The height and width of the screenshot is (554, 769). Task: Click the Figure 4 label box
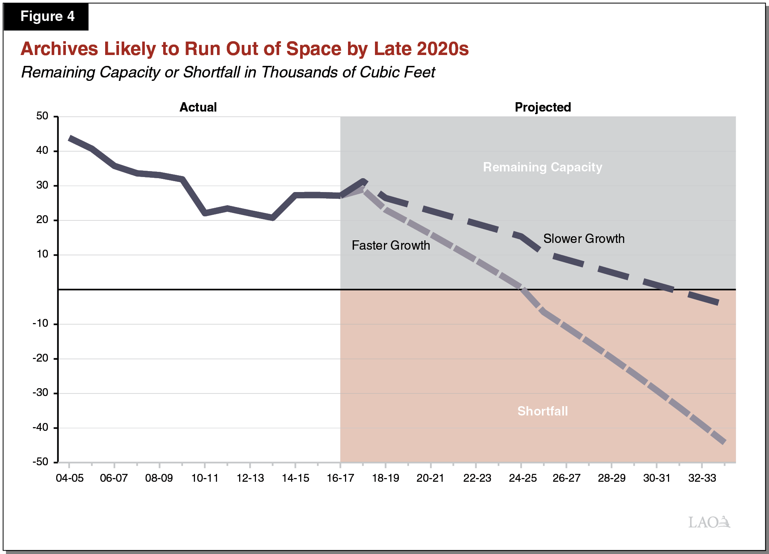pos(46,16)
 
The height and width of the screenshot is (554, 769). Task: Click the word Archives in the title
pos(59,49)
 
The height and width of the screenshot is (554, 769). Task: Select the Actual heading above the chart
pos(198,107)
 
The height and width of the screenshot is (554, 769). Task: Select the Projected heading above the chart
pos(543,107)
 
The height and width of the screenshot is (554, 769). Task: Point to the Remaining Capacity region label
pos(542,167)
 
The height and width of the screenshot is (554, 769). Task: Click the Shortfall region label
pos(542,411)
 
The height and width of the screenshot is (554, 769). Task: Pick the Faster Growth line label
pos(391,246)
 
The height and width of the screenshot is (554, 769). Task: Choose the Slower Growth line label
pos(584,239)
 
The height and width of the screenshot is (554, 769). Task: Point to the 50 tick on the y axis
pos(42,116)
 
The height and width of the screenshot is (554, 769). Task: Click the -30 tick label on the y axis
pos(40,393)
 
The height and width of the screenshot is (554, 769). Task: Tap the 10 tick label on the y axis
pos(42,255)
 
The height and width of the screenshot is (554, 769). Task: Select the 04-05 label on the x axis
pos(70,478)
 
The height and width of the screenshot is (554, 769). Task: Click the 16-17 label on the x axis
pos(340,478)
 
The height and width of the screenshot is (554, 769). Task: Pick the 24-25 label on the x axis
pos(522,478)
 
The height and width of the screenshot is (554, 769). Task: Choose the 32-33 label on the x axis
pos(702,478)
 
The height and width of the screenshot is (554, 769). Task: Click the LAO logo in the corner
pos(709,522)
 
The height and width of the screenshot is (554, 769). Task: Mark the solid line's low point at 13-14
pos(272,218)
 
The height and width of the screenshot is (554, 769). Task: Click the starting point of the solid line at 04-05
pos(70,138)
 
